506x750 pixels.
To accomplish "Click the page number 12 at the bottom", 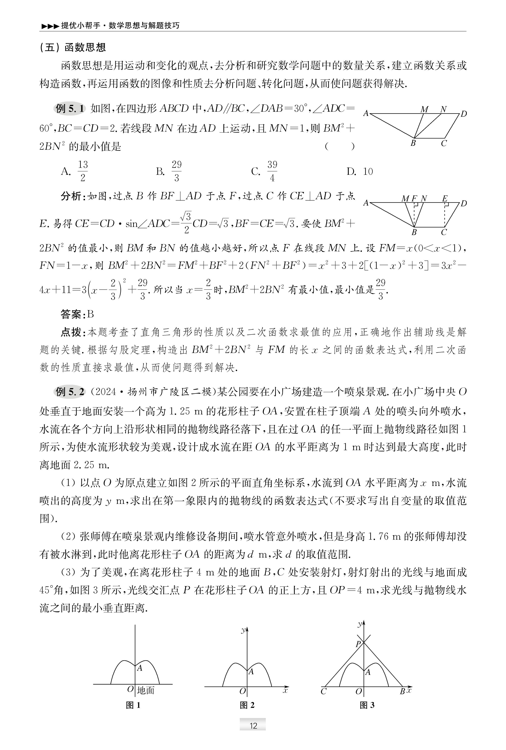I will point(253,725).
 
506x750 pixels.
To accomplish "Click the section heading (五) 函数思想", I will point(73,47).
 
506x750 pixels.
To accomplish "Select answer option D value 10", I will point(368,171).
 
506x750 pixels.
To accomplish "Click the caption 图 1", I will point(133,705).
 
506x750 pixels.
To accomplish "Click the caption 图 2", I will point(247,705).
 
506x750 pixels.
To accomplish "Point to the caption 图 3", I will point(367,705).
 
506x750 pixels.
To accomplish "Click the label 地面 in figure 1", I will point(146,690).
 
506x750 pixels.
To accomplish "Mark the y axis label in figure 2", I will point(243,630).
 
